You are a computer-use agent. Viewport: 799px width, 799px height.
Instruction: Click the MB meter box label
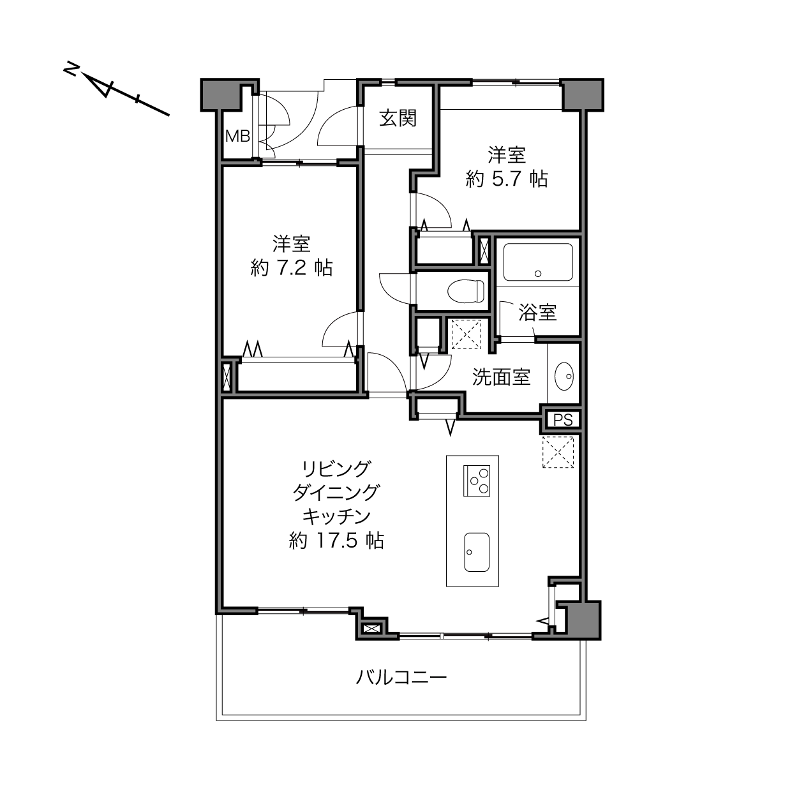pos(237,136)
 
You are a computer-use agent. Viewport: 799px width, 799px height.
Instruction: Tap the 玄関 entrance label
pos(398,119)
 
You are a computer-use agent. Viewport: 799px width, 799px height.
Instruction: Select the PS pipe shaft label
pos(563,420)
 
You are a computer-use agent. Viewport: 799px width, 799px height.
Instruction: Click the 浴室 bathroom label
pos(537,313)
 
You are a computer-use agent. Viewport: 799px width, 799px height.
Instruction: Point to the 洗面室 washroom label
pos(502,377)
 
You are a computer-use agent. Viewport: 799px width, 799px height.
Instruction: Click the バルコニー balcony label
pos(401,678)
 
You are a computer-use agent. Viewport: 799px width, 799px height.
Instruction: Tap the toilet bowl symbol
pos(466,291)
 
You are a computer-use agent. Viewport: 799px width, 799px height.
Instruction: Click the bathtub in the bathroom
pos(538,262)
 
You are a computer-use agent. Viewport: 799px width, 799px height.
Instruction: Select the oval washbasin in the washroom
pos(564,377)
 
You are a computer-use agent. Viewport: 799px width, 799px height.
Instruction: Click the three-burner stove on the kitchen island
pos(477,481)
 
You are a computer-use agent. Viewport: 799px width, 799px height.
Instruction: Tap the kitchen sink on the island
pos(477,552)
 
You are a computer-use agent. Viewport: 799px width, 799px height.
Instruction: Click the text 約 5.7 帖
pos(506,179)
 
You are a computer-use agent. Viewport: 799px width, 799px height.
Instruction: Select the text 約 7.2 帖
pos(292,268)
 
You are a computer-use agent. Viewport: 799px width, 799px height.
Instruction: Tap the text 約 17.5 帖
pos(336,541)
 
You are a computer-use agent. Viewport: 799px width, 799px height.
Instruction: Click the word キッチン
pos(336,517)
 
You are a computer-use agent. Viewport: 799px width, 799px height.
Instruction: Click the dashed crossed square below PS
pos(558,452)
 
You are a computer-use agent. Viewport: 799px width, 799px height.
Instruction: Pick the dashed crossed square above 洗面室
pos(466,334)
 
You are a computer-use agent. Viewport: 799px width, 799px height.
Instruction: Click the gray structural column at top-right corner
pos(582,94)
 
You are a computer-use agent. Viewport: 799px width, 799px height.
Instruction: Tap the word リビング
pos(336,469)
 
